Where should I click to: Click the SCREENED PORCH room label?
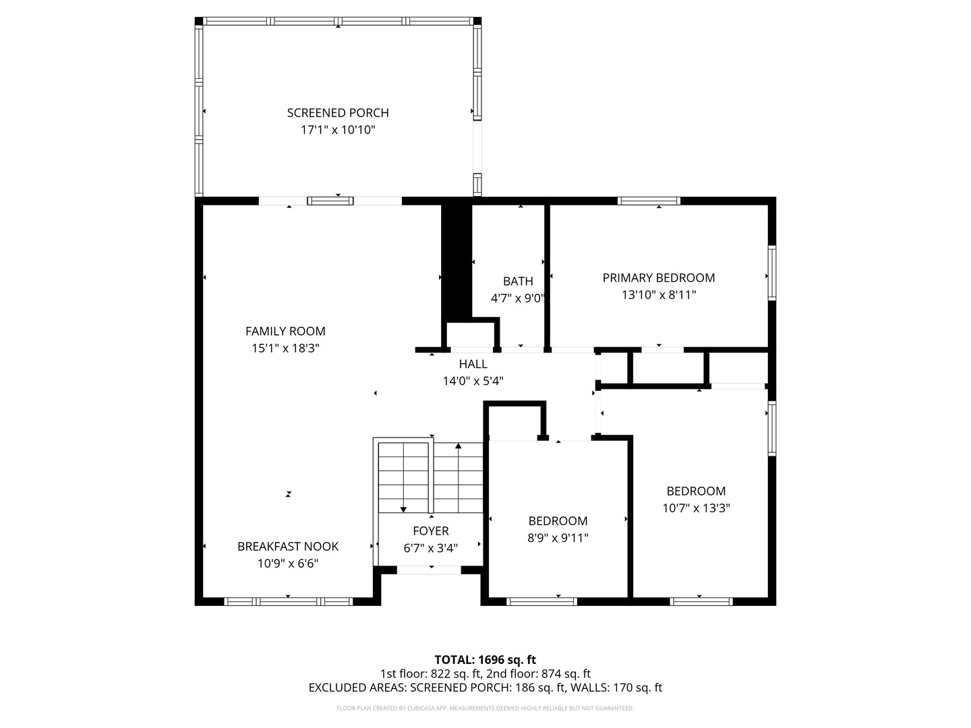338,113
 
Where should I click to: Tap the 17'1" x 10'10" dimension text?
338,130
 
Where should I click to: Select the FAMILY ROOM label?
285,331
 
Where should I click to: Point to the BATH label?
518,281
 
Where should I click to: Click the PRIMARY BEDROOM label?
659,278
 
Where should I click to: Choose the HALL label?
473,364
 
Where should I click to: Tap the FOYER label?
431,531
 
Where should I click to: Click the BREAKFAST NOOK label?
288,546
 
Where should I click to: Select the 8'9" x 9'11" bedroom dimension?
558,538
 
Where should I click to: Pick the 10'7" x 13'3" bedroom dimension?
696,508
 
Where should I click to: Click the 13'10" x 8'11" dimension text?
659,295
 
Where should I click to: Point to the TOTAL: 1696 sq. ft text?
486,660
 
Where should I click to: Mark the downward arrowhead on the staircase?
403,510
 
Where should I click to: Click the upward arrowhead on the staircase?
459,446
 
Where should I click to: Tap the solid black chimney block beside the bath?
457,261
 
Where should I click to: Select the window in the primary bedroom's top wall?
649,201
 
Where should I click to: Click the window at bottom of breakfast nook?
288,601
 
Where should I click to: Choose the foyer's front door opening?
429,570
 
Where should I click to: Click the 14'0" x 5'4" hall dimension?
473,381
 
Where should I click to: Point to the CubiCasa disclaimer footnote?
486,708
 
